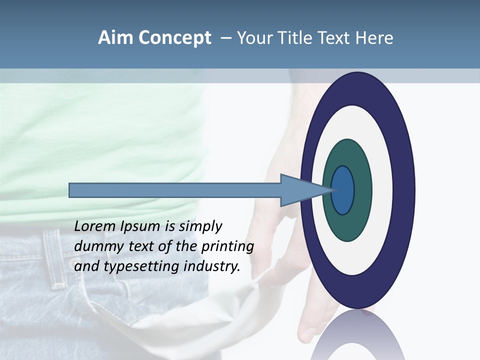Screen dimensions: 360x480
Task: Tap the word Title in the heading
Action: [295, 38]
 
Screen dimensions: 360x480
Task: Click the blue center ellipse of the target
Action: [342, 190]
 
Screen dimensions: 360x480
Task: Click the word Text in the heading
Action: [335, 38]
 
